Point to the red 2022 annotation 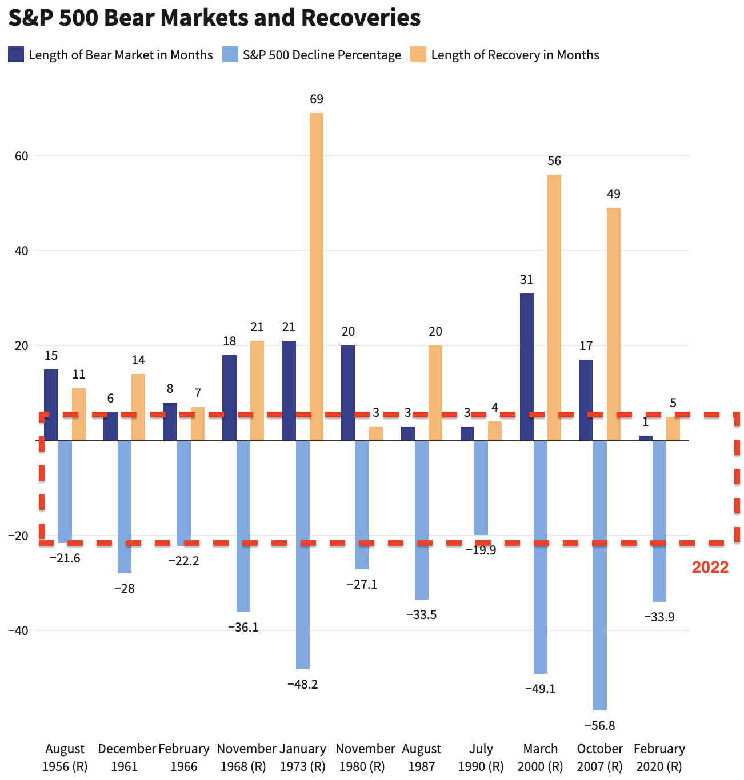(x=710, y=567)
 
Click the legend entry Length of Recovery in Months (x=515, y=55)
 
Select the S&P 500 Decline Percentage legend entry (x=322, y=55)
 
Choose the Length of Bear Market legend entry (x=121, y=55)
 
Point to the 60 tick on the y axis (x=22, y=156)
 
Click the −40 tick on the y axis (x=18, y=630)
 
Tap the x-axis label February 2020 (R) (x=659, y=757)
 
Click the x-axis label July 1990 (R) (x=481, y=757)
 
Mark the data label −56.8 (x=599, y=726)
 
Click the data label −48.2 (x=302, y=684)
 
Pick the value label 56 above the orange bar (x=554, y=161)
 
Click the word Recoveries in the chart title (x=361, y=18)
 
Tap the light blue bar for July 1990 (x=481, y=488)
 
